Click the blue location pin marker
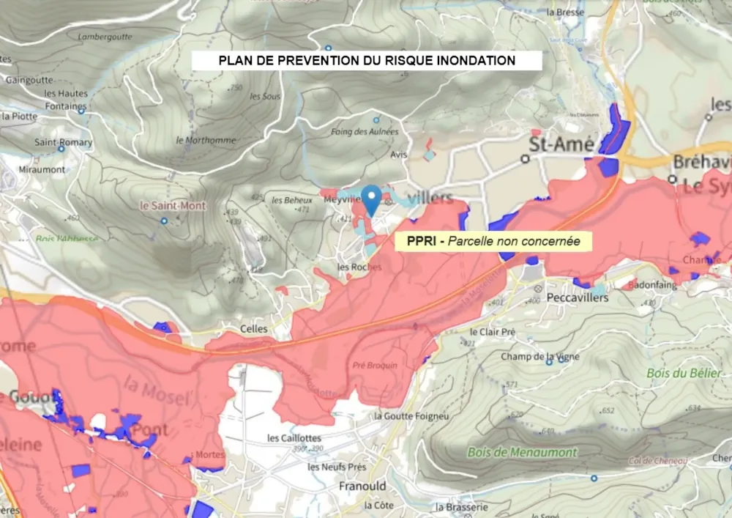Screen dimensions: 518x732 click(x=373, y=199)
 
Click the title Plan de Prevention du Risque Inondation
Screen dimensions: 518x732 click(x=367, y=61)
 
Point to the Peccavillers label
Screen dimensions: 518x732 click(x=578, y=297)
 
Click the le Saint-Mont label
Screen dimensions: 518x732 click(x=173, y=206)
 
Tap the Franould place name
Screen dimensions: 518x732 click(x=362, y=486)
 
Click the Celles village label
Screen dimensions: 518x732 click(x=254, y=329)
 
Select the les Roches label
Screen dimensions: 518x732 click(x=359, y=267)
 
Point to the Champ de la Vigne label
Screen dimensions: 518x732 click(x=540, y=357)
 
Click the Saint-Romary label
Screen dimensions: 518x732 click(x=64, y=142)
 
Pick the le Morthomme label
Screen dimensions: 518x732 click(x=206, y=140)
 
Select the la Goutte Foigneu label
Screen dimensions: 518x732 click(x=411, y=415)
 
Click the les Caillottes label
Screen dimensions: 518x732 click(x=294, y=438)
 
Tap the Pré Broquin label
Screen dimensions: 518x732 click(x=375, y=365)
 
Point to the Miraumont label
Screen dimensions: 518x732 click(x=42, y=169)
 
